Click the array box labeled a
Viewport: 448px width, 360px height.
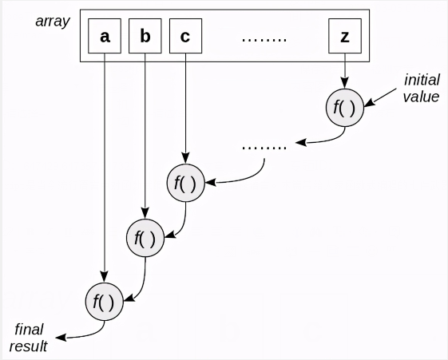click(105, 37)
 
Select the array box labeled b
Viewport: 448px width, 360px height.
click(145, 37)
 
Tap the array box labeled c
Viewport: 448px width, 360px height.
click(185, 37)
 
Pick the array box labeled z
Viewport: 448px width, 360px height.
click(344, 37)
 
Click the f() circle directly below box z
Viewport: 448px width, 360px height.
click(344, 107)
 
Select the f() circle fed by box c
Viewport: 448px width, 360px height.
click(185, 183)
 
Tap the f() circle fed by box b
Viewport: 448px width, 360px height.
click(145, 236)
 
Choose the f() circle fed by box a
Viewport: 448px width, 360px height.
click(105, 302)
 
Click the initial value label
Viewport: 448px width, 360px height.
click(421, 89)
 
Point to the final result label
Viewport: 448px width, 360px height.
click(28, 338)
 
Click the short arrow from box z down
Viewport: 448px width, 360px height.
click(344, 70)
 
